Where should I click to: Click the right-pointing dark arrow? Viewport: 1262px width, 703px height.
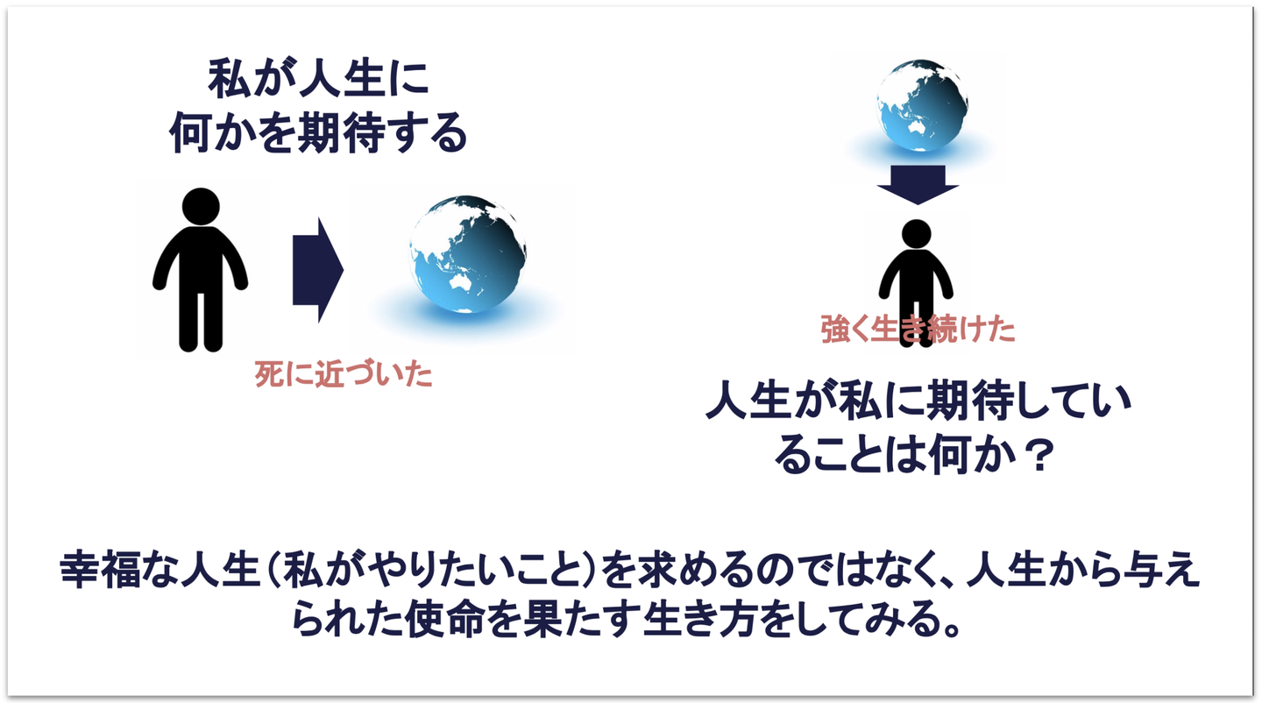point(318,270)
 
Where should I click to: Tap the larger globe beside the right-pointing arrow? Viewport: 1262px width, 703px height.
point(468,254)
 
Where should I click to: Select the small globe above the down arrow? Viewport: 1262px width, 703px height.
point(922,105)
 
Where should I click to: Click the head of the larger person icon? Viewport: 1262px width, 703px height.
point(201,206)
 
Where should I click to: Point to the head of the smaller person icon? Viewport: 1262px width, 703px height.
point(916,234)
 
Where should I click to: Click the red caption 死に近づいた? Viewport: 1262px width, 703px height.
point(344,374)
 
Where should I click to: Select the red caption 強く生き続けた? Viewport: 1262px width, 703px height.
point(918,329)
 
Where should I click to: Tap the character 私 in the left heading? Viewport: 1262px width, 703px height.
point(229,79)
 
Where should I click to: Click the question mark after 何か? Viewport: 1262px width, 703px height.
point(1038,455)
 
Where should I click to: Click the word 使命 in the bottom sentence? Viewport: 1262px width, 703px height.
point(444,620)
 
